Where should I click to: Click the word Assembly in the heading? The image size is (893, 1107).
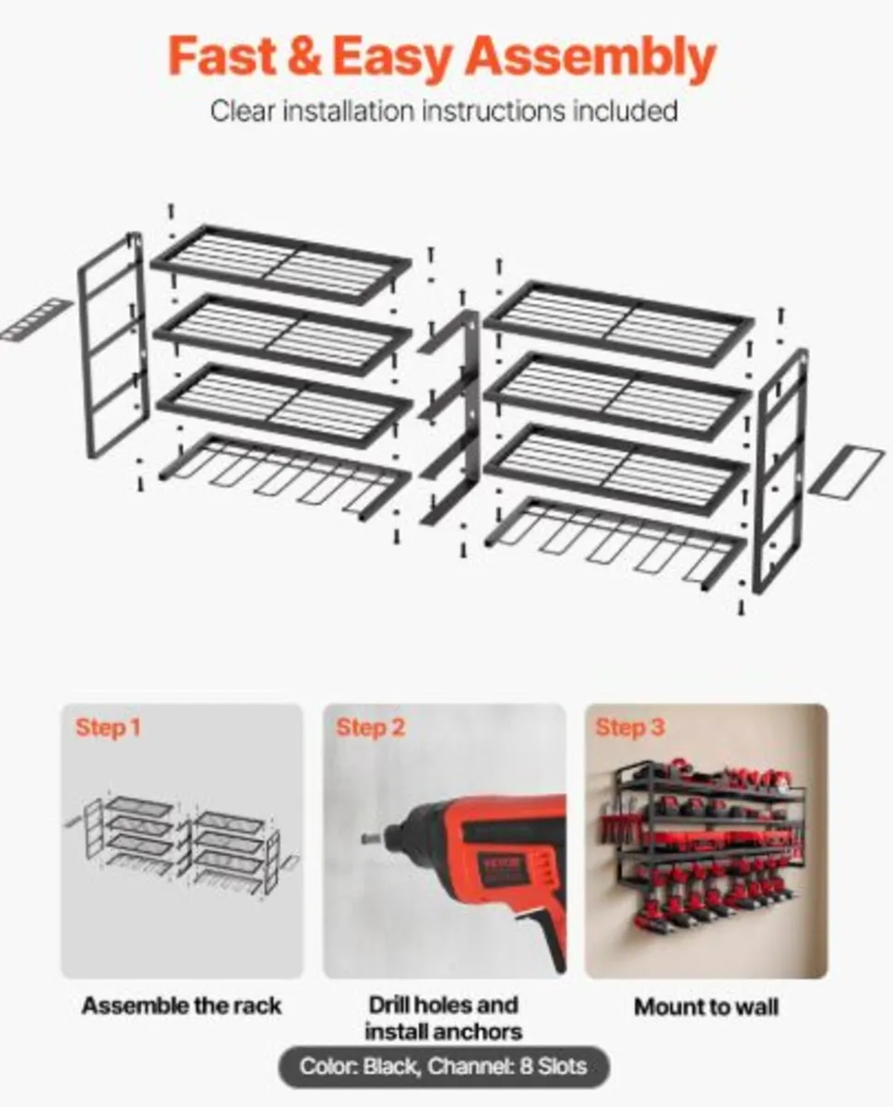coord(589,59)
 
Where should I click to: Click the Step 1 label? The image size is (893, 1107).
coord(108,728)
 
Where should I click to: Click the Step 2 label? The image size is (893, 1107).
coord(370,728)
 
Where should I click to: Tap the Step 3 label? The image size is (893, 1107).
coord(630,728)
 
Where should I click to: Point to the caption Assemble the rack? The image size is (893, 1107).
coord(182,1006)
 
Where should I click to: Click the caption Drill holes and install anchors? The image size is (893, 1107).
coord(444,1018)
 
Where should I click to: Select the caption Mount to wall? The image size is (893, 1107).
coord(706,1006)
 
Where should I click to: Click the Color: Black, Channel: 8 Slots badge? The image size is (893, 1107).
coord(444,1067)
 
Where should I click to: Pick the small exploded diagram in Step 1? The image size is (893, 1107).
coord(182,835)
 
